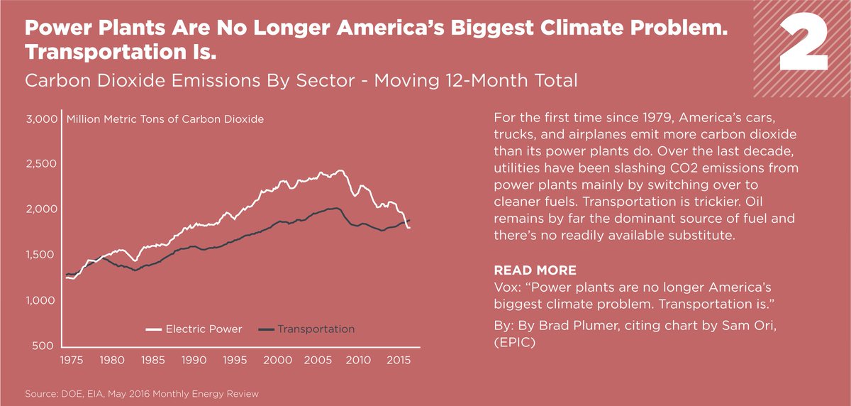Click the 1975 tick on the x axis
(69, 360)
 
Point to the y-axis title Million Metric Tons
(165, 119)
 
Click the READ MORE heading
(535, 271)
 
